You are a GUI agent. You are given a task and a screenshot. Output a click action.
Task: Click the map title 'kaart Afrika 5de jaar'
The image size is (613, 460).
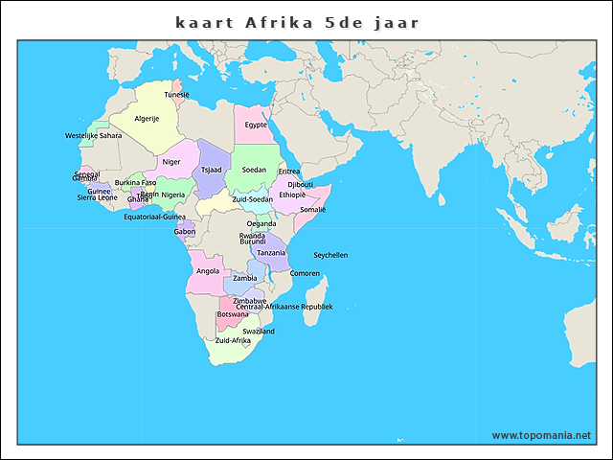[x=297, y=21]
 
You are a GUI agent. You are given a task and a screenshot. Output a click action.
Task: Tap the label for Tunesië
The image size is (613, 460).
[x=176, y=95]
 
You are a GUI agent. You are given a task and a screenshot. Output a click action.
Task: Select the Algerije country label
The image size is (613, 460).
[x=147, y=118]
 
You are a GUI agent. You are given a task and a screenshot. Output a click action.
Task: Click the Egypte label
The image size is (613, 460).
[x=256, y=125]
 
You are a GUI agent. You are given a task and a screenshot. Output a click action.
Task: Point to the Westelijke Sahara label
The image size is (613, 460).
[x=93, y=136]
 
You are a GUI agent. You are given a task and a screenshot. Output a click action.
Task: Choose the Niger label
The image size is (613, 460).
[x=171, y=162]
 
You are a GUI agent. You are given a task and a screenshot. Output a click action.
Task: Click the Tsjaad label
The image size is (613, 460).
[x=212, y=170]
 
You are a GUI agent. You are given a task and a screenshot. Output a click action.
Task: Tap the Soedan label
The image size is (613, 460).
[x=254, y=170]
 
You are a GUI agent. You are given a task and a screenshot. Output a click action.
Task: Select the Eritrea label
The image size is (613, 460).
[x=289, y=172]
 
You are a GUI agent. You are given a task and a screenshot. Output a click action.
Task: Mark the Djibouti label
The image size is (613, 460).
[x=301, y=184]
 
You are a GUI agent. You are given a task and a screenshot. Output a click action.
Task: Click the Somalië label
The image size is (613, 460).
[x=313, y=209]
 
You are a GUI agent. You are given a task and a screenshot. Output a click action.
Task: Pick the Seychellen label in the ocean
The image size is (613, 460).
[x=330, y=255]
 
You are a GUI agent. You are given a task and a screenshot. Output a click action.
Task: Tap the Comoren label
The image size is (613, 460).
[x=305, y=273]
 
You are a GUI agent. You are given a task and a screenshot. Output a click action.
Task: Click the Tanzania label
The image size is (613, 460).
[x=271, y=253]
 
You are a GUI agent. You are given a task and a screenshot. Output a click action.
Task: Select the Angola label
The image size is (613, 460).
[x=208, y=271]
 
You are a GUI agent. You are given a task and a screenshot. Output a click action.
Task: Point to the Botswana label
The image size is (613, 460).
[x=233, y=314]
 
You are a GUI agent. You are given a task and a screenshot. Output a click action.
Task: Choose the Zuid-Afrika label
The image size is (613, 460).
[x=233, y=340]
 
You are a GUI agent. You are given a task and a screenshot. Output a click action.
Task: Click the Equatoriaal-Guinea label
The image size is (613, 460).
[x=155, y=217]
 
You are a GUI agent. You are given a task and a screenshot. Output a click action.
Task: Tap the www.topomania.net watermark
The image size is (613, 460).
[x=541, y=435]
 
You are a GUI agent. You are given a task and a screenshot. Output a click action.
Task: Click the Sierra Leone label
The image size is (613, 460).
[x=98, y=197]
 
